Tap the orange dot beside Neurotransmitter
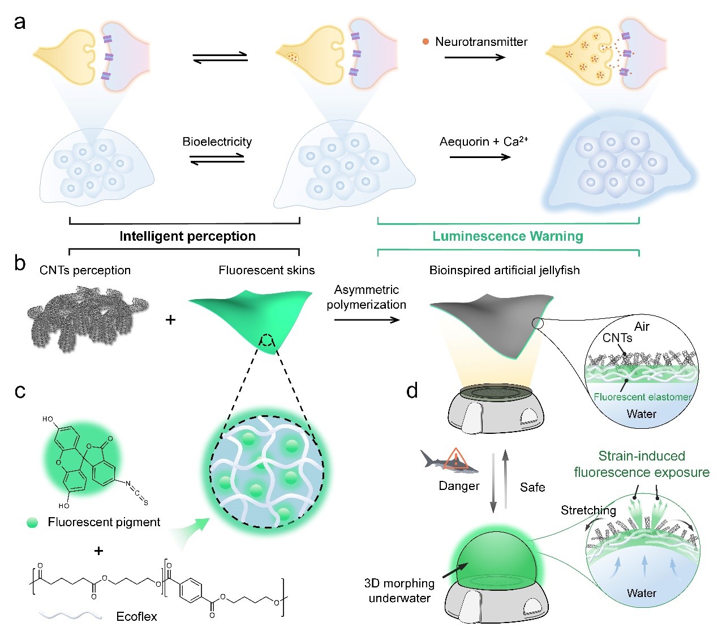point(425,41)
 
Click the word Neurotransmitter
point(481,42)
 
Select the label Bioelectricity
point(217,142)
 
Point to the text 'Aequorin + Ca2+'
point(484,142)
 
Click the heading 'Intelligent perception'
point(187,236)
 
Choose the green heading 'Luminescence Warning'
point(508,236)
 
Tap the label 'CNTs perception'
point(85,270)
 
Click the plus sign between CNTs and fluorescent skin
point(170,320)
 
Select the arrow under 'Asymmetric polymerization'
point(367,320)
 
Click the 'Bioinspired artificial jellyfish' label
point(505,270)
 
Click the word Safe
point(532,487)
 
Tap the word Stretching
point(588,510)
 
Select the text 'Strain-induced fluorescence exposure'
point(642,464)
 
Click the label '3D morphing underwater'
point(399,590)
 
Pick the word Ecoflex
point(136,616)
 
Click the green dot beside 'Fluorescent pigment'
point(32,522)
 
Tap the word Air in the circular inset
point(642,327)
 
